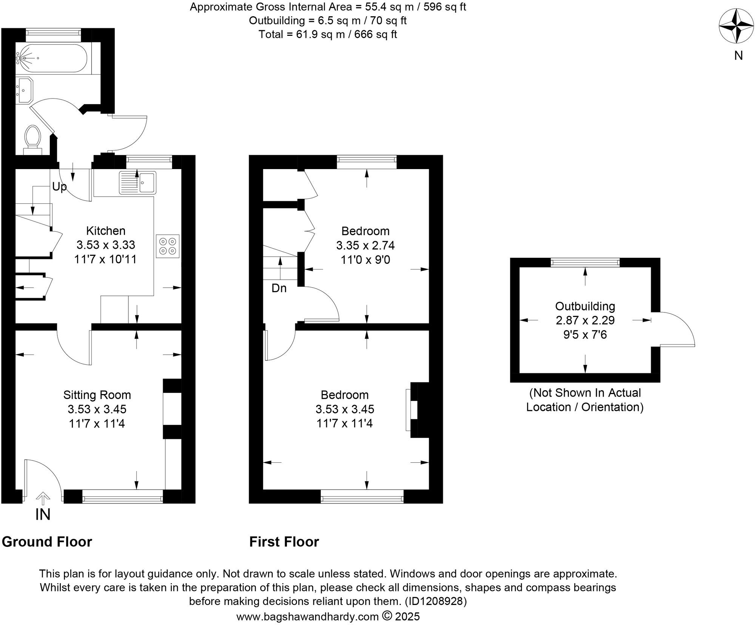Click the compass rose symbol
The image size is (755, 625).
pyautogui.click(x=736, y=26)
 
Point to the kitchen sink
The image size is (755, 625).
pyautogui.click(x=138, y=182)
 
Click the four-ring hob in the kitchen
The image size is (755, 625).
pyautogui.click(x=168, y=246)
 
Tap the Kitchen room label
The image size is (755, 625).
pyautogui.click(x=106, y=231)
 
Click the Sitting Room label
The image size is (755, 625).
pyautogui.click(x=97, y=395)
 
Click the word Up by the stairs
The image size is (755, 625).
pyautogui.click(x=59, y=186)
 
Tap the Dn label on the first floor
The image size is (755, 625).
pyautogui.click(x=279, y=288)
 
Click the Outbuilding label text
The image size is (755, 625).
pyautogui.click(x=585, y=306)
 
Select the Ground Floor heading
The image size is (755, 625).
pyautogui.click(x=47, y=542)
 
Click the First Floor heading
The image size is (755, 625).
pyautogui.click(x=284, y=542)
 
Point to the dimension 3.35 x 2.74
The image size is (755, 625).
pyautogui.click(x=365, y=245)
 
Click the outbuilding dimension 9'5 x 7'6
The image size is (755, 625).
pyautogui.click(x=585, y=335)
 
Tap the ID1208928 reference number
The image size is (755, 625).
pyautogui.click(x=436, y=601)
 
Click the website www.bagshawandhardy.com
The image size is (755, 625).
pyautogui.click(x=307, y=617)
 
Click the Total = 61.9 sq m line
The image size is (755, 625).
pyautogui.click(x=327, y=34)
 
